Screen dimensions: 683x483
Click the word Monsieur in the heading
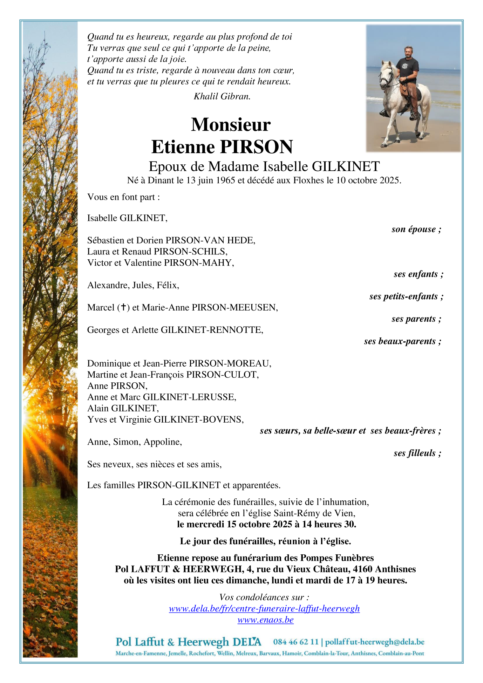coord(231,124)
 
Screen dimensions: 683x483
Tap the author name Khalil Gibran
coord(222,96)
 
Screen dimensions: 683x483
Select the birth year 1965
coord(225,180)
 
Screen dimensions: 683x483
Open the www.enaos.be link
coord(265,620)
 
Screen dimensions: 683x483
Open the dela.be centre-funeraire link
coord(264,608)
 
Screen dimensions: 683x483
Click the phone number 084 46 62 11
coord(296,642)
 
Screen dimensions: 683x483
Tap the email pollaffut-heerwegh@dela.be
coord(375,642)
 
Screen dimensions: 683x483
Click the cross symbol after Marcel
coord(123,307)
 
